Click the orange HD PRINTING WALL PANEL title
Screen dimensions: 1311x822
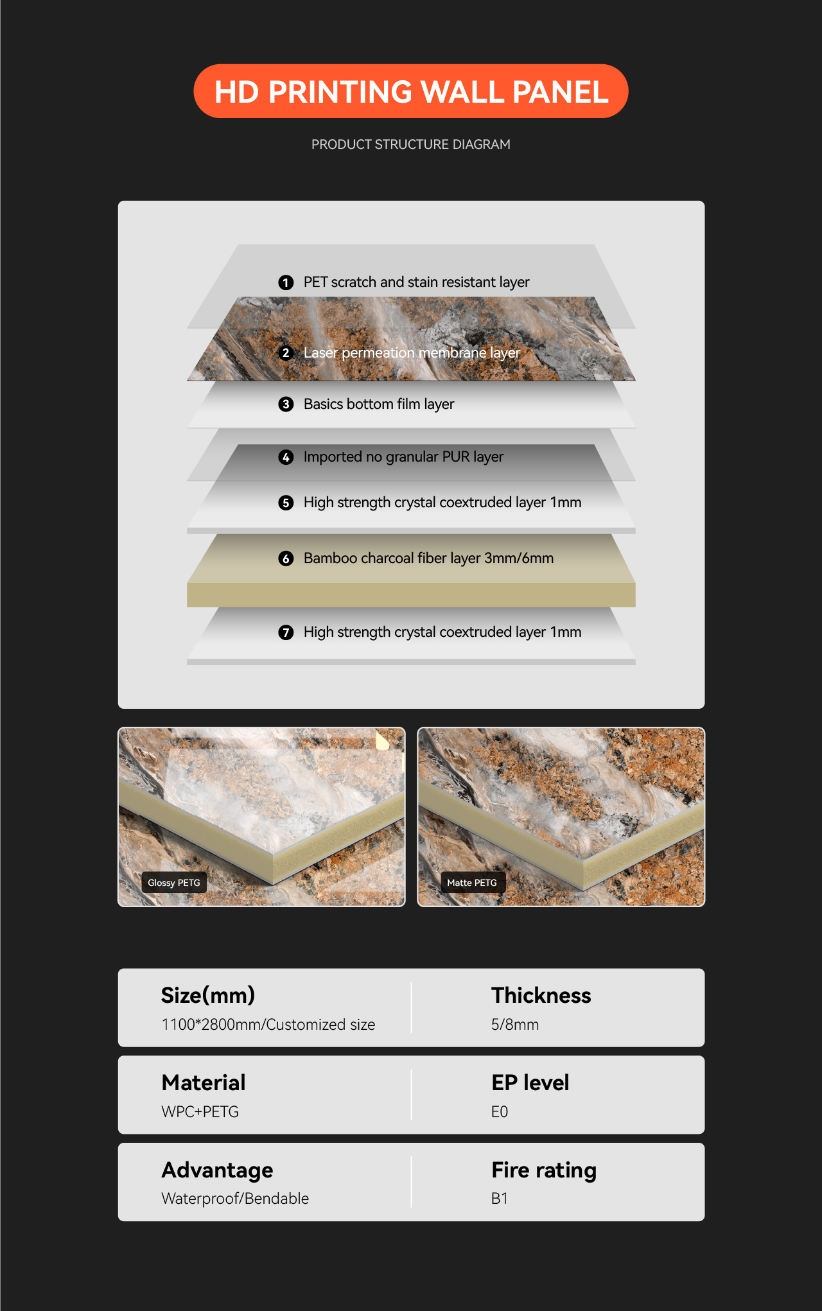[x=411, y=91]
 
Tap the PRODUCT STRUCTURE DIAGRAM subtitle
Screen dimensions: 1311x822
[x=411, y=144]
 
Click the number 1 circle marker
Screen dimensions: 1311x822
[x=286, y=282]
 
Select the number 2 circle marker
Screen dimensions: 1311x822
[x=286, y=353]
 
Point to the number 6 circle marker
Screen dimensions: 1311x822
[x=286, y=559]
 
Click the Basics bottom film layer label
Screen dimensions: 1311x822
[x=379, y=404]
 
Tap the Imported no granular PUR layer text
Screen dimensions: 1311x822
[x=403, y=456]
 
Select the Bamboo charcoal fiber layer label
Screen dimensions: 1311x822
[x=428, y=558]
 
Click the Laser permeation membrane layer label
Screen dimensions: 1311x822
[x=412, y=352]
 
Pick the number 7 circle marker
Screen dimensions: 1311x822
[x=286, y=632]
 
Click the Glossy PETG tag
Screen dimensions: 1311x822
[x=174, y=883]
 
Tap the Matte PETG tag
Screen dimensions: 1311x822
[x=472, y=883]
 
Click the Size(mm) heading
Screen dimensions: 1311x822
[x=208, y=995]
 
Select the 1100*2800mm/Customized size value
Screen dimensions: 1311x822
[x=268, y=1025]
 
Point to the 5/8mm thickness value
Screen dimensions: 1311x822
[x=515, y=1025]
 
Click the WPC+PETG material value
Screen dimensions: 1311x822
[x=200, y=1112]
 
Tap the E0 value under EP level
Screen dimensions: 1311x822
[x=500, y=1112]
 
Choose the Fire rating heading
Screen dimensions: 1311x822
[x=544, y=1170]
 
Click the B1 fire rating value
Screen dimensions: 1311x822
[x=500, y=1199]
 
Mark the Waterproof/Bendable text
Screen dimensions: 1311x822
[x=235, y=1199]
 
